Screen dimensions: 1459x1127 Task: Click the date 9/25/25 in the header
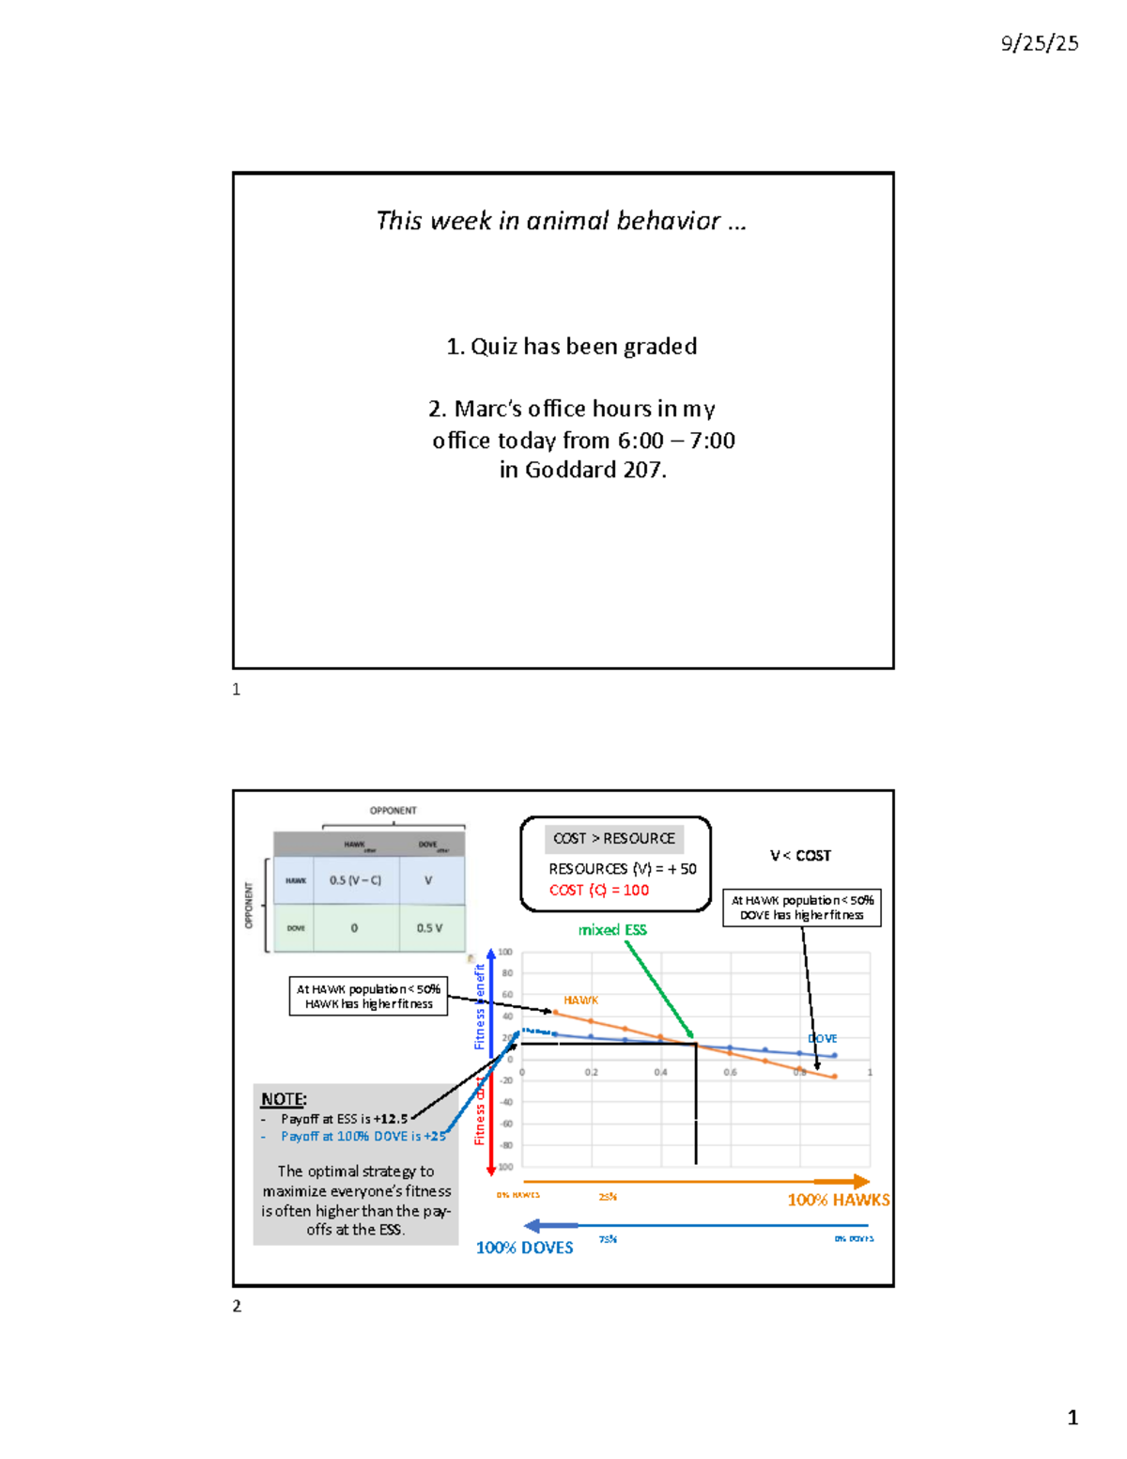pos(1039,43)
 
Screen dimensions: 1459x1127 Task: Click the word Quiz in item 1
pos(493,347)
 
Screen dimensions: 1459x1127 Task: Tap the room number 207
pos(642,470)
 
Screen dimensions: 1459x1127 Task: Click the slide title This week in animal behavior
pos(560,221)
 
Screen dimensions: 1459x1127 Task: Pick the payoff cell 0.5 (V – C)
pos(355,880)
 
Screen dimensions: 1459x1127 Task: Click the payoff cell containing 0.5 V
pos(429,928)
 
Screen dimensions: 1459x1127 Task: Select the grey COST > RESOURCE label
pos(613,838)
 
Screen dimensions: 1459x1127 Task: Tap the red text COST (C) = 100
pos(598,890)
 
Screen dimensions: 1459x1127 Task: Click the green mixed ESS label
pos(612,930)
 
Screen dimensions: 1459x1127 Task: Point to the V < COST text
pos(800,856)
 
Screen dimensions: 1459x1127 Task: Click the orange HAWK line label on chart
pos(580,1001)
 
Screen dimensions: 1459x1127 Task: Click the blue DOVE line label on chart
pos(823,1038)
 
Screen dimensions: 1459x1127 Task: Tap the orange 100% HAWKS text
pos(838,1200)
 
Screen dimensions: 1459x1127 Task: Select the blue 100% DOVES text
pos(524,1248)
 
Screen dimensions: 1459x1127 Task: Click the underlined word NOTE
pos(283,1099)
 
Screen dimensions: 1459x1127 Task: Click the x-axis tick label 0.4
pos(661,1072)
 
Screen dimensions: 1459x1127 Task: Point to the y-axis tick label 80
pos(507,973)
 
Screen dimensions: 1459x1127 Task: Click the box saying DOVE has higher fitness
pos(801,908)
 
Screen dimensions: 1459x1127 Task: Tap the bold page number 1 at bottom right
pos(1072,1418)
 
